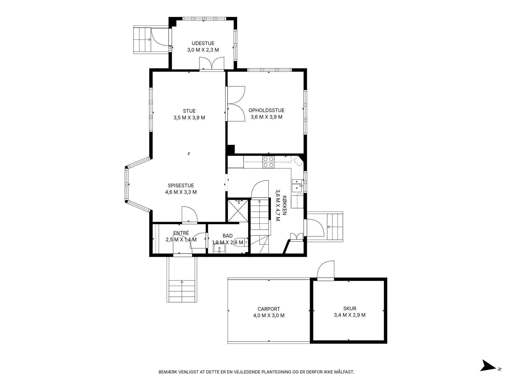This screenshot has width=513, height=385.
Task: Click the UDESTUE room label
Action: (203, 43)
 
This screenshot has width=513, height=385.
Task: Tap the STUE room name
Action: (189, 111)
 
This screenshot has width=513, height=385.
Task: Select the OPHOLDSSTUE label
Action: (267, 110)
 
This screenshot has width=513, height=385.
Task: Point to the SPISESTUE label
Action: (181, 185)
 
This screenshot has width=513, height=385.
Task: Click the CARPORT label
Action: (269, 309)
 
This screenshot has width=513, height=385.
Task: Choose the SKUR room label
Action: (350, 309)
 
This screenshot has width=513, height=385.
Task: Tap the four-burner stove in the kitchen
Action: (268, 162)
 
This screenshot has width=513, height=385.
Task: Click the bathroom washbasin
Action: (219, 248)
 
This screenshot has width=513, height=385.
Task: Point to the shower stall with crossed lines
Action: (238, 210)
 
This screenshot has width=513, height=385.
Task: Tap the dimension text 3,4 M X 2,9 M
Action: (350, 315)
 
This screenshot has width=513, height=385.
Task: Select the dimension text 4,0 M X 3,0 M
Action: (269, 315)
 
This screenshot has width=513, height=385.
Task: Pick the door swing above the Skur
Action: (326, 269)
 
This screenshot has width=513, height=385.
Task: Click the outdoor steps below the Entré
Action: (182, 292)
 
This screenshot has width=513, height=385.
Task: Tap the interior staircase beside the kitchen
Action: (260, 226)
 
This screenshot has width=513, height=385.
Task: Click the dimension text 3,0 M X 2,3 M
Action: (203, 50)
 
